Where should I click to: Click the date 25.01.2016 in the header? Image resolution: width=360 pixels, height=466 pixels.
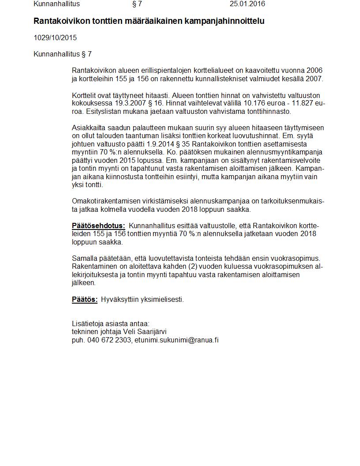coord(247,4)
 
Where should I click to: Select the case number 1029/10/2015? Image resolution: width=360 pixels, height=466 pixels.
coord(55,38)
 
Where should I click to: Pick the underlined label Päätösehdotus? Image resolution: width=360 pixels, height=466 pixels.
coord(98,226)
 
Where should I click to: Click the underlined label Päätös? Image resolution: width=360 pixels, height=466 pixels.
coord(85,300)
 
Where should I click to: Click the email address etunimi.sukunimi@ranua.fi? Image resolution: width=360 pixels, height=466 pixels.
coord(176,340)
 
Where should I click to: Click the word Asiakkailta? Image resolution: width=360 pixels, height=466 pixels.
coord(87,128)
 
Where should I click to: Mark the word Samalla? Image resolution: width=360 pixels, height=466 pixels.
coord(84,259)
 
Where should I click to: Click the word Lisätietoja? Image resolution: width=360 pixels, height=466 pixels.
coord(88,324)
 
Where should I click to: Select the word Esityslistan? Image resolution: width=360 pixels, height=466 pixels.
coord(103,112)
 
